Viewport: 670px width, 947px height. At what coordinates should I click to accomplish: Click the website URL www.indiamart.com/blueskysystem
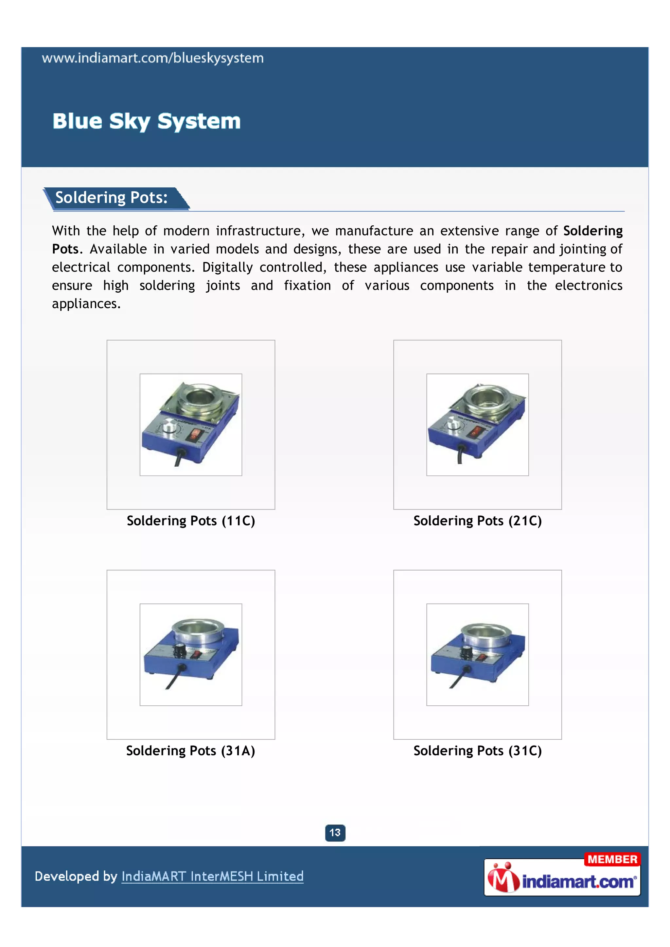point(153,58)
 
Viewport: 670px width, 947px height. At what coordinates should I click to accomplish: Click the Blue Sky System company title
point(147,121)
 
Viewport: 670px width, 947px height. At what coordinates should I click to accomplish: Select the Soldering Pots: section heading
point(111,198)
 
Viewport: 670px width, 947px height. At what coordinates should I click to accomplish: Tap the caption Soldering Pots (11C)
point(191,521)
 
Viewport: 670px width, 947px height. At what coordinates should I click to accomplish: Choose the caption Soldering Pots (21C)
point(477,521)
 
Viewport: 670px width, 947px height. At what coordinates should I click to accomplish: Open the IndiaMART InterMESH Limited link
point(212,876)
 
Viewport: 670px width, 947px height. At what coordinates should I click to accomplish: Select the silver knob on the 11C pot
point(169,426)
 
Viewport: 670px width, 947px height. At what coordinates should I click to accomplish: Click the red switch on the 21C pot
point(476,432)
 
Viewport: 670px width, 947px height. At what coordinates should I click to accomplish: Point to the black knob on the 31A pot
point(180,650)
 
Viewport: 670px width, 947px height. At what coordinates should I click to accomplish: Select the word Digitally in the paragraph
point(227,267)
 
